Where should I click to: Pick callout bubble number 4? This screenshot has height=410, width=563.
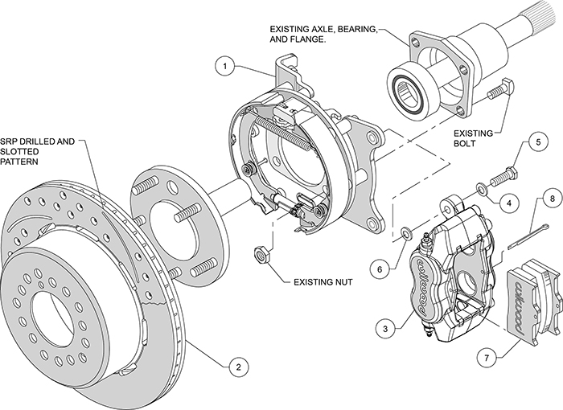tap(508, 203)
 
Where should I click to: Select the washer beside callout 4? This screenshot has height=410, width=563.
tap(481, 188)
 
